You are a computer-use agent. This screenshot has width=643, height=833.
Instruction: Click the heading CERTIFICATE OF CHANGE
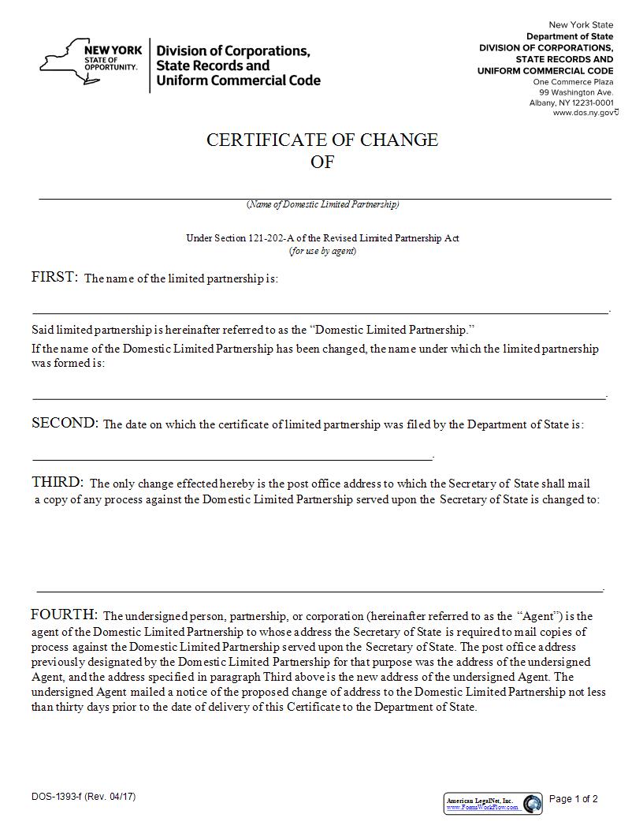tap(322, 140)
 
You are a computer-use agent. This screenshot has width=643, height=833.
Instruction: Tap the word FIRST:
tap(54, 277)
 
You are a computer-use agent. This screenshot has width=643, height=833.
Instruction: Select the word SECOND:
tap(65, 424)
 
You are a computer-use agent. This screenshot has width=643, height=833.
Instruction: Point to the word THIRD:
tap(57, 482)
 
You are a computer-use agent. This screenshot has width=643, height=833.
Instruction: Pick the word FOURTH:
tap(64, 614)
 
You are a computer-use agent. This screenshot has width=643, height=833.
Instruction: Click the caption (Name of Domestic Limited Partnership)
tap(322, 204)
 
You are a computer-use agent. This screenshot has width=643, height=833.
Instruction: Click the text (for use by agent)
tap(322, 251)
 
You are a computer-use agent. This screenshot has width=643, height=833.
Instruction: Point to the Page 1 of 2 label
tap(573, 799)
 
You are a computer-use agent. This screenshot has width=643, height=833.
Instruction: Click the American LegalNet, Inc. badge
tap(492, 803)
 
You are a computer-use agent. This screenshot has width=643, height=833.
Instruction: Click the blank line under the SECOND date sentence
tap(232, 458)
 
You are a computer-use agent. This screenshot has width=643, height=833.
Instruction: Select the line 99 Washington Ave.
tap(571, 92)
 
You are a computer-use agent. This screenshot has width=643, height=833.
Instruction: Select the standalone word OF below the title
tap(322, 162)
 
